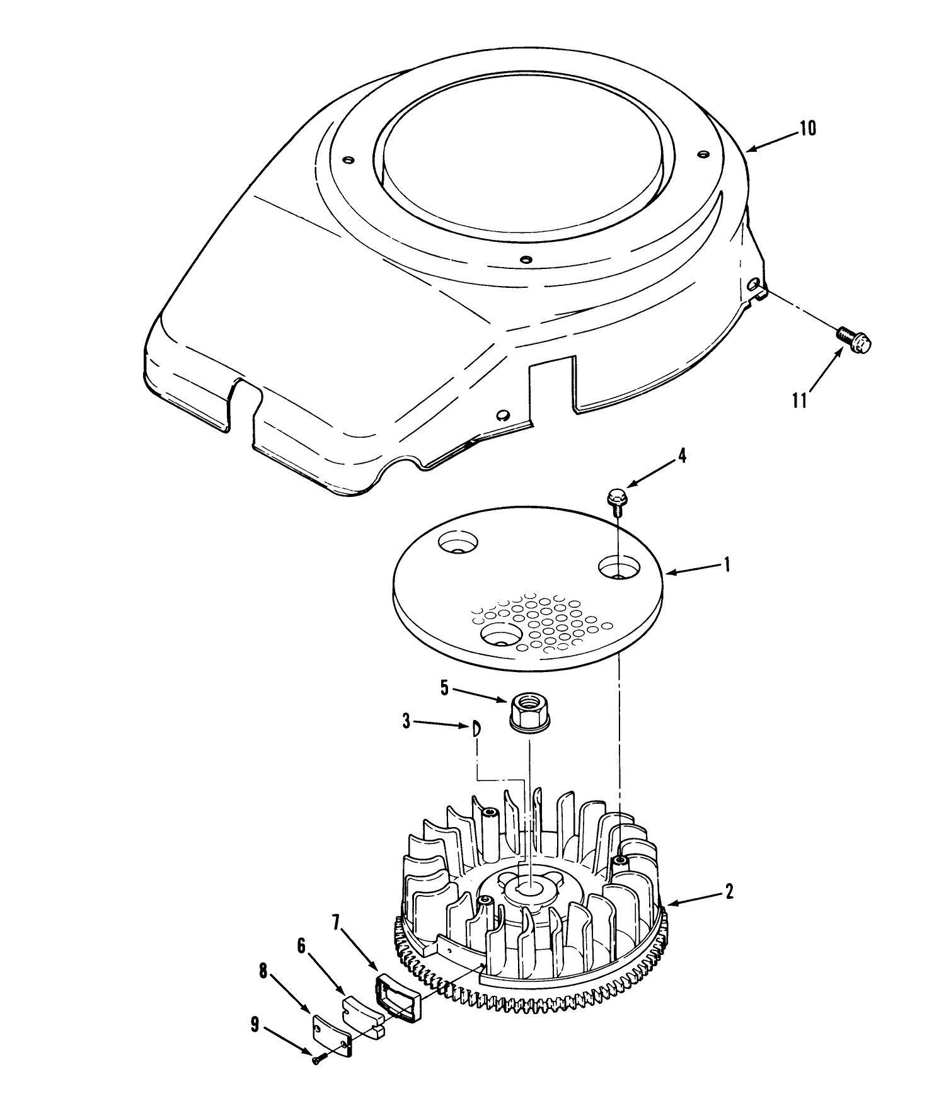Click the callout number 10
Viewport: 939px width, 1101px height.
point(807,128)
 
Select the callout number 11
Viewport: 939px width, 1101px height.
point(800,401)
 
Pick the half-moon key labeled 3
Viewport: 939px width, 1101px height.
point(478,728)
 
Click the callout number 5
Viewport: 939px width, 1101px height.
point(444,688)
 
